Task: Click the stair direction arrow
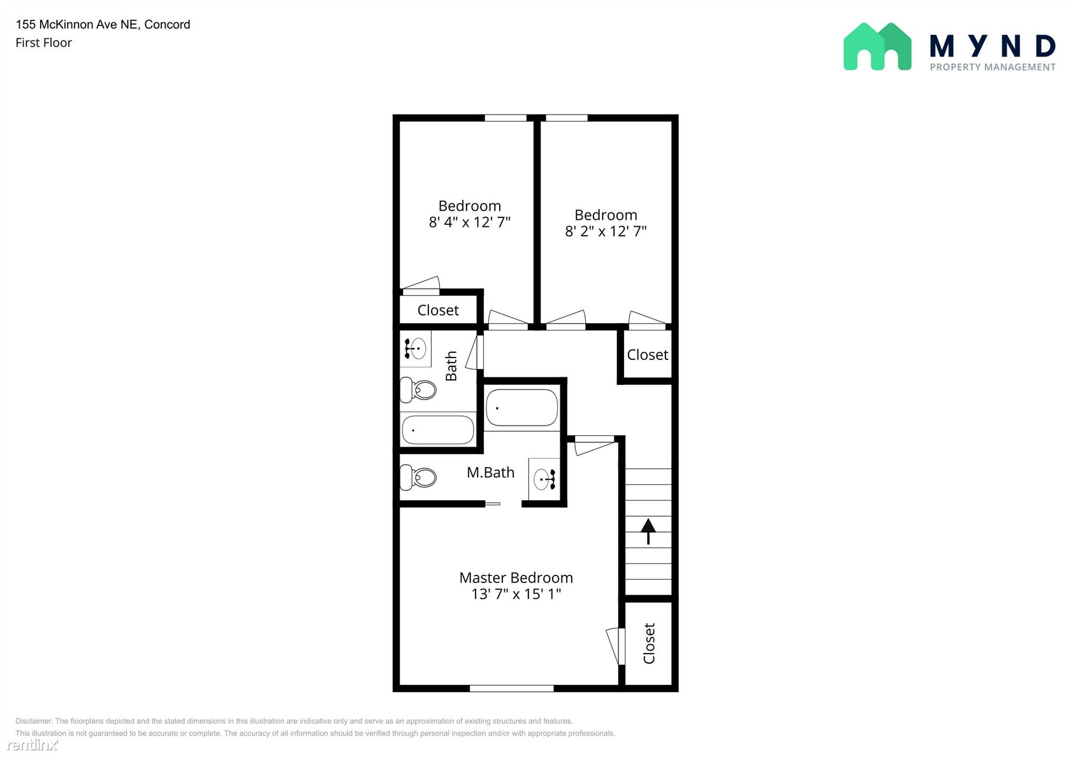click(648, 531)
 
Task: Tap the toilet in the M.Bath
click(418, 477)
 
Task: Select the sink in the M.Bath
click(544, 479)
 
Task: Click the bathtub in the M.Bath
click(521, 408)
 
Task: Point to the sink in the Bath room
click(415, 349)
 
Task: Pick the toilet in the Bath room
click(418, 390)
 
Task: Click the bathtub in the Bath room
click(438, 429)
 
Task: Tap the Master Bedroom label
click(516, 578)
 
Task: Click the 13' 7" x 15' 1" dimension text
click(516, 594)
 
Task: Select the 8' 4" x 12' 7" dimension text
click(469, 222)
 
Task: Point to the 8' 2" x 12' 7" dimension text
click(606, 231)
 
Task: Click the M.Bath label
click(491, 472)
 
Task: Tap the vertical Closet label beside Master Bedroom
click(649, 644)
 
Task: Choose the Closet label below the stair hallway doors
click(648, 354)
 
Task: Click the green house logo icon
click(877, 47)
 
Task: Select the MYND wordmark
click(993, 46)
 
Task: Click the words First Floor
click(43, 43)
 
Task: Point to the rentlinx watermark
click(32, 744)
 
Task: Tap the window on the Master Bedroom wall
click(511, 689)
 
